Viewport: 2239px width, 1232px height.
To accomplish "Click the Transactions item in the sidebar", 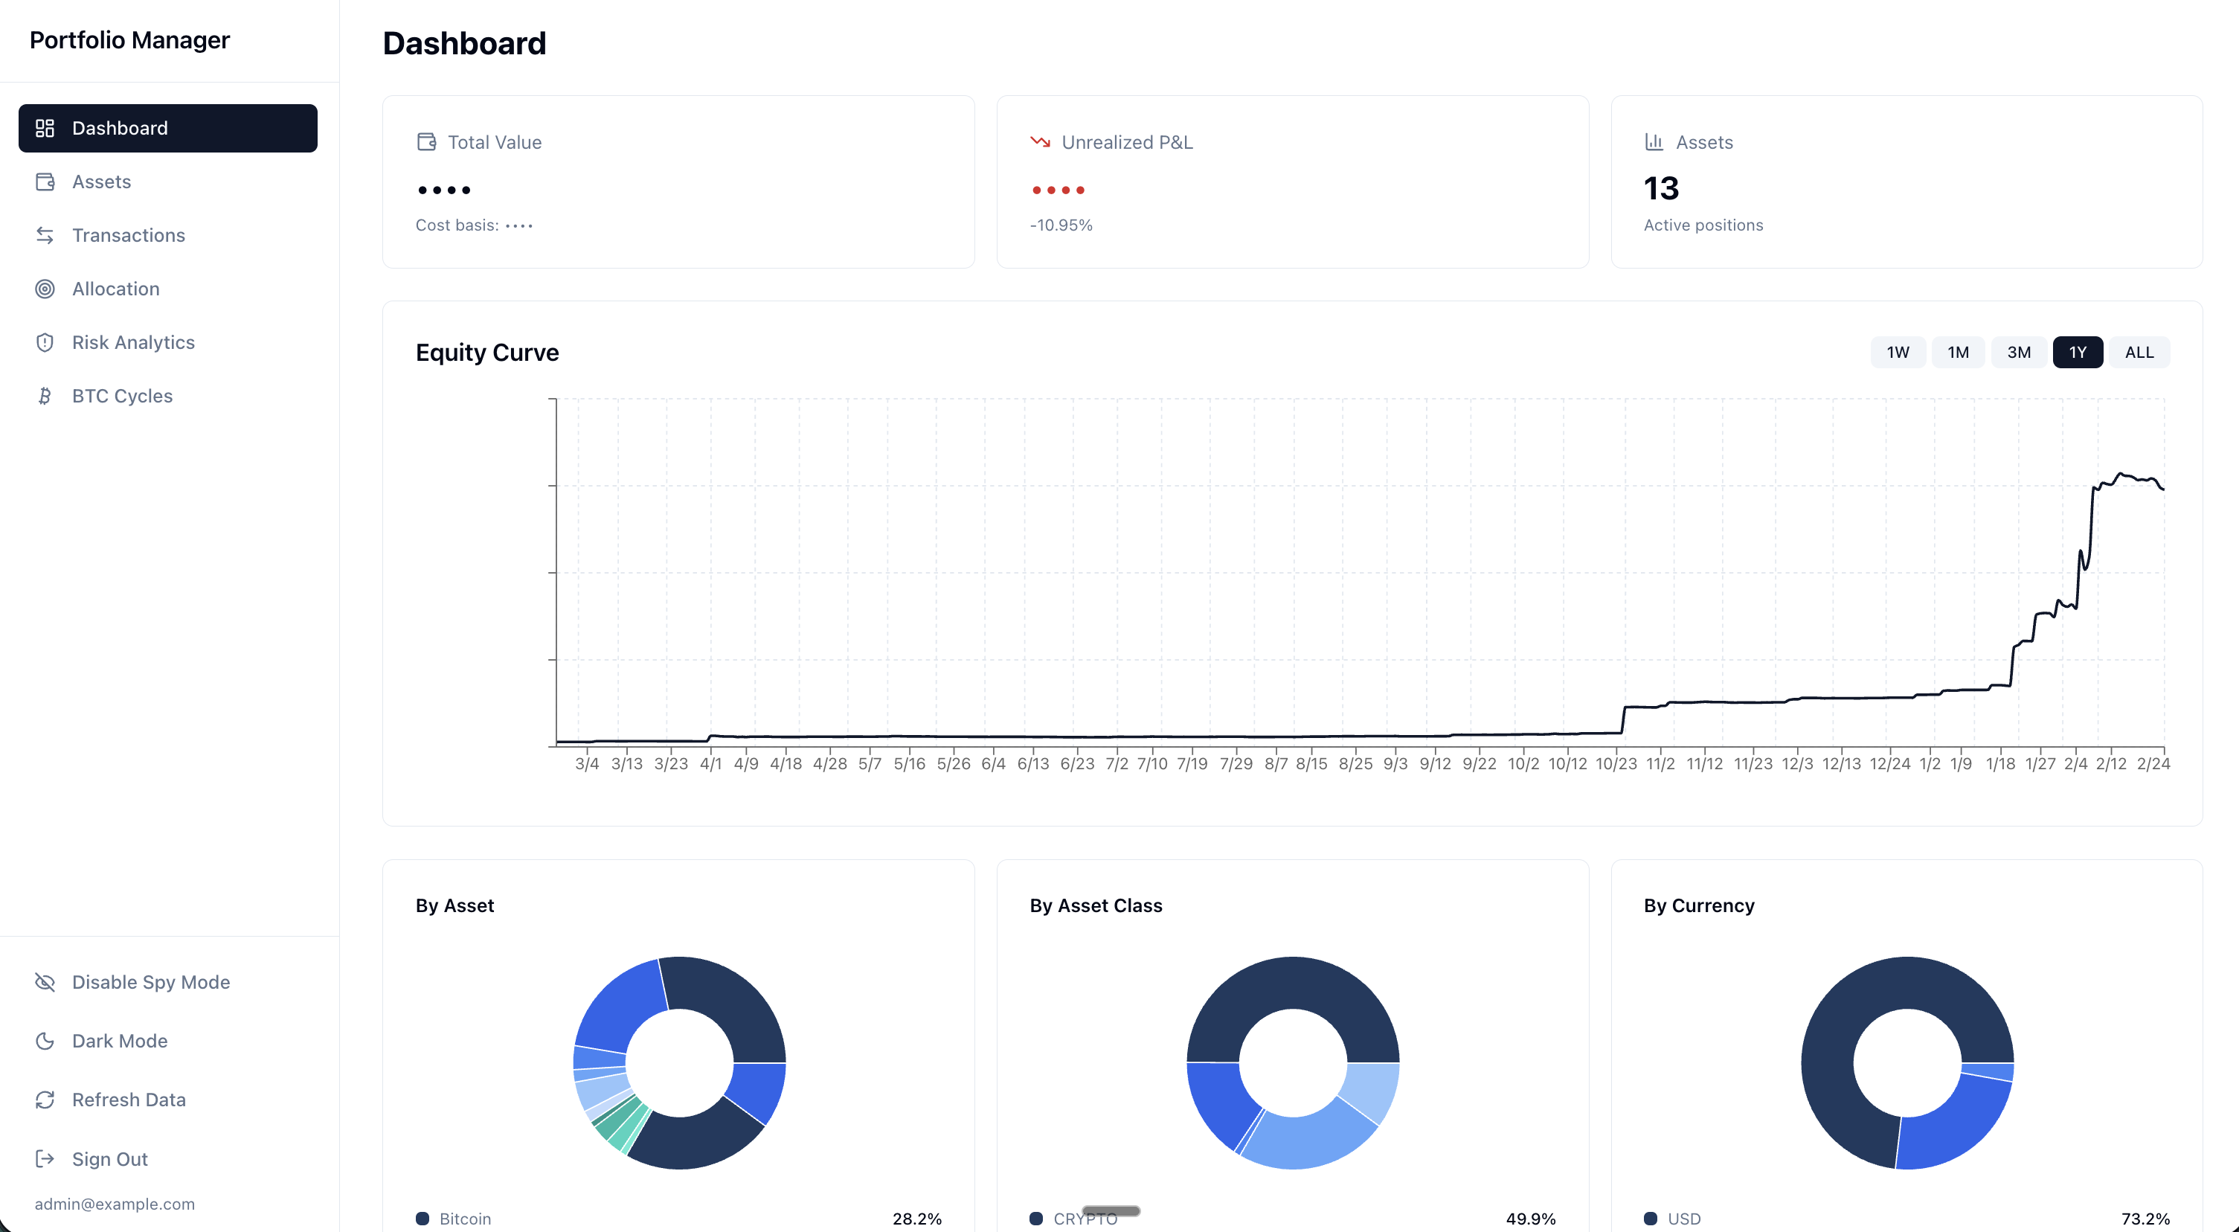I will click(128, 235).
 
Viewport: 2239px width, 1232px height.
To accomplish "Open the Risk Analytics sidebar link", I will click(133, 341).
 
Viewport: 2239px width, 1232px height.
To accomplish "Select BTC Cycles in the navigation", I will click(122, 396).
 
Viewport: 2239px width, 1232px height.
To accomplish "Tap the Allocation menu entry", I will click(115, 289).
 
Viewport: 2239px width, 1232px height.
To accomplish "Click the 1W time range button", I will click(1898, 352).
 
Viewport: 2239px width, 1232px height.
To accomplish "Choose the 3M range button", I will click(2018, 352).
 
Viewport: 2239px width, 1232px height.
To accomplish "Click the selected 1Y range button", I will click(2078, 352).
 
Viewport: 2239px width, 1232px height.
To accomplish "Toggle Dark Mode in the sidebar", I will click(119, 1041).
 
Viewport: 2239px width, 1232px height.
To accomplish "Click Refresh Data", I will click(129, 1099).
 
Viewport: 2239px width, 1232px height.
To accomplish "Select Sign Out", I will click(109, 1158).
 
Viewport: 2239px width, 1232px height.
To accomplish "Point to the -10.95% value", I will click(1061, 225).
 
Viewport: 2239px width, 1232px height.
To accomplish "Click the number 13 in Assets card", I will click(1661, 189).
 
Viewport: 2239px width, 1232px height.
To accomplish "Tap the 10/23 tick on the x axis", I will click(1616, 763).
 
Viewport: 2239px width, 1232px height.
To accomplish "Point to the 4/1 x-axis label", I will click(710, 763).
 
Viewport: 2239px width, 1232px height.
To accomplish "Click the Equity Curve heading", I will click(486, 352).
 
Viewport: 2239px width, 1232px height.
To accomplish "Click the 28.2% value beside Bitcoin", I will click(916, 1218).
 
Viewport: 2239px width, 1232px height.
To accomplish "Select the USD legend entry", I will click(1683, 1218).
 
